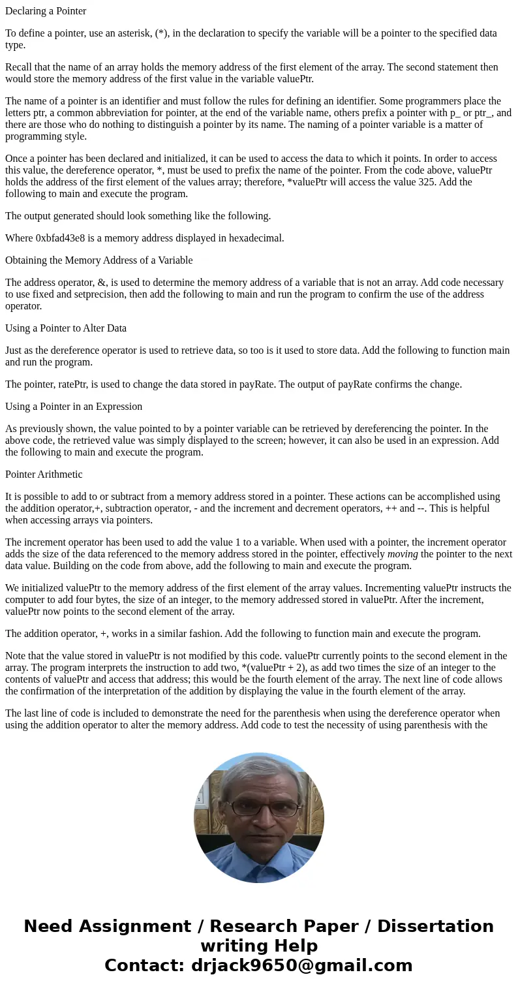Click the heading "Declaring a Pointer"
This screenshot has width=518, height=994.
coord(46,11)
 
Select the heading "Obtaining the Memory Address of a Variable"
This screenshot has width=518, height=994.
coord(99,260)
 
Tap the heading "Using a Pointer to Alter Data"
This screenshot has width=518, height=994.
coord(66,328)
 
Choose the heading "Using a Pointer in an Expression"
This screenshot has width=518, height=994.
coord(74,407)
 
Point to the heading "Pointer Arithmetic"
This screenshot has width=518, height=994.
coord(44,474)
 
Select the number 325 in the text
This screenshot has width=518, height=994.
coord(414,182)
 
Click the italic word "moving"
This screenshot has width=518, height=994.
coord(403,554)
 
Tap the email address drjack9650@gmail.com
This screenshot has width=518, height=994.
coord(301,965)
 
